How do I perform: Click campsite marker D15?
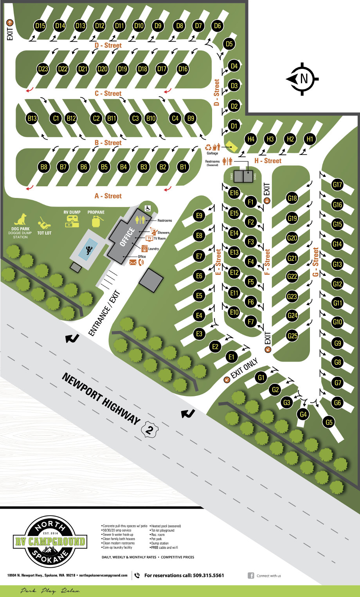(40, 26)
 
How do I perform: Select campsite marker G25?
(292, 336)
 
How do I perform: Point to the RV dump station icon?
(72, 221)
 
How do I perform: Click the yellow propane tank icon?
(96, 221)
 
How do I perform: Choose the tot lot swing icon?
(44, 223)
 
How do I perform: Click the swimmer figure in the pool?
(88, 250)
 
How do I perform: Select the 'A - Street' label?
(108, 196)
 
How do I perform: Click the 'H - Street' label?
(268, 161)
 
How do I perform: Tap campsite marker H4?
(251, 139)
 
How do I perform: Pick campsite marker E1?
(231, 356)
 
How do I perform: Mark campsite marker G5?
(329, 422)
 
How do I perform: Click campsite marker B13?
(32, 118)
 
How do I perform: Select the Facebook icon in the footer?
(251, 575)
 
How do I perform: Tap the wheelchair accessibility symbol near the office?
(148, 208)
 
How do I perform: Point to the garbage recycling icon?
(209, 147)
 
